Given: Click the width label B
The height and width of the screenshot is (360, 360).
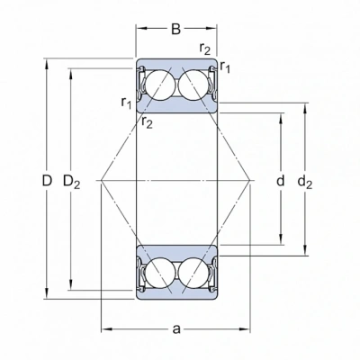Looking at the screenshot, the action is pos(175,29).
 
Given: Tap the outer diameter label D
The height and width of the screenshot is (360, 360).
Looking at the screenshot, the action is pos(47,181).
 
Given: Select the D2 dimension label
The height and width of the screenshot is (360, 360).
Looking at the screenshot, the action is pos(71,182).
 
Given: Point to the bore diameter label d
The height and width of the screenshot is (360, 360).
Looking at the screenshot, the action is pos(280,181).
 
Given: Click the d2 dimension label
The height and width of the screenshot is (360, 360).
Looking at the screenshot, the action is pos(305,182).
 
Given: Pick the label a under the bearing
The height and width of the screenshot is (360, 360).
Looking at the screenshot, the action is pos(176,329).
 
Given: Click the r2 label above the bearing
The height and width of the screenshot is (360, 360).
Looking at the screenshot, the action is pos(205,49).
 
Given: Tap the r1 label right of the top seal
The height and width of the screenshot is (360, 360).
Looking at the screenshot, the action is pos(225,67).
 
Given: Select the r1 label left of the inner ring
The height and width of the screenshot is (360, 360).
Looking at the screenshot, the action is pos(126,103).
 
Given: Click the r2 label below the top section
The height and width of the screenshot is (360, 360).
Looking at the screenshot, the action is pos(147,122).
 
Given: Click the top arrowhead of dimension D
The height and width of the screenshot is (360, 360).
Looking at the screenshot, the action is pos(47,62).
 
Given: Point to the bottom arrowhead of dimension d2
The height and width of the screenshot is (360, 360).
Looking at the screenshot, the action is pos(305,250).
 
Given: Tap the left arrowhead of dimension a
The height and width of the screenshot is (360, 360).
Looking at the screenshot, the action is pos(106,329).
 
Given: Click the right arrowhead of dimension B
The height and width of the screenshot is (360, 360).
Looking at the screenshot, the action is pos(211,29).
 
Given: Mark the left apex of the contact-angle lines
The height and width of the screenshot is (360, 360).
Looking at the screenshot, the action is pos(102,181).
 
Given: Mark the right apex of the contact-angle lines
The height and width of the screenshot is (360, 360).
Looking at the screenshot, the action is pos(249,181).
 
